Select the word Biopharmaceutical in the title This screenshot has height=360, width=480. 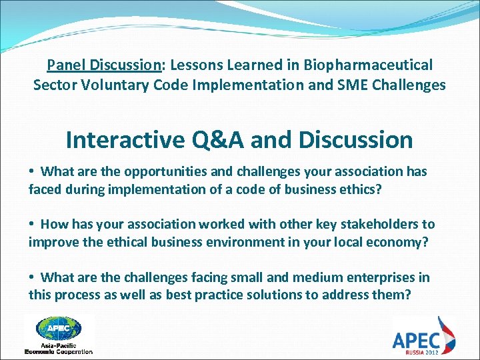tap(367, 65)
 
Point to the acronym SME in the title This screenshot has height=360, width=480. tap(347, 85)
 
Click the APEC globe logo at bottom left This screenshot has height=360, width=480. tap(59, 329)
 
